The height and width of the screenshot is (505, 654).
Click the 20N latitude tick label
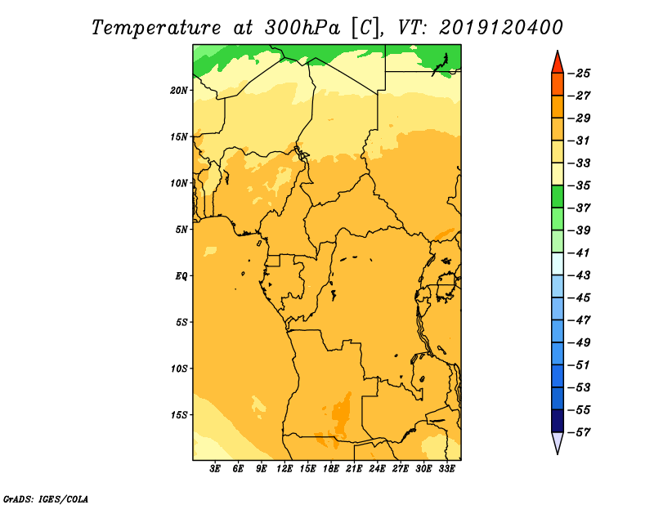[179, 91]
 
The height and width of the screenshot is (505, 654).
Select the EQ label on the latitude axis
[181, 276]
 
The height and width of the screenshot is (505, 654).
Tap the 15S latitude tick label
[179, 415]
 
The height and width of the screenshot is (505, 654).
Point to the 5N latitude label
[181, 230]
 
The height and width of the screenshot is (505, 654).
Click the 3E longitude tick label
[215, 469]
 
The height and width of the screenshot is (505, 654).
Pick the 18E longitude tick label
[331, 469]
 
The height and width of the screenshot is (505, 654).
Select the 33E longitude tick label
[446, 469]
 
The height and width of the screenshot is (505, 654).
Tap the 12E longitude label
[284, 469]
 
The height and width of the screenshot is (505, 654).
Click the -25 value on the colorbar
[580, 74]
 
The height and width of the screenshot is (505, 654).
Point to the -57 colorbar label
[580, 432]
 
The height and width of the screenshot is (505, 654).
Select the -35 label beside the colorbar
[580, 185]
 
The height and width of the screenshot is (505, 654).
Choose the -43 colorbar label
[580, 275]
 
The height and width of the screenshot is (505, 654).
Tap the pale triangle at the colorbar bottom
[558, 441]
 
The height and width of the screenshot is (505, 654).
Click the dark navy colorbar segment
[558, 421]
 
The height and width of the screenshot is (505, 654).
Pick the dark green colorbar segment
[558, 197]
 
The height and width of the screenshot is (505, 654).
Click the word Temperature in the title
[156, 28]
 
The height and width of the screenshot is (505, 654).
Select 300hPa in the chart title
[302, 28]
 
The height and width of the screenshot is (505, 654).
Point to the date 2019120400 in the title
[501, 28]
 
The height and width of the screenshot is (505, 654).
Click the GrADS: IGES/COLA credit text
[46, 498]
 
